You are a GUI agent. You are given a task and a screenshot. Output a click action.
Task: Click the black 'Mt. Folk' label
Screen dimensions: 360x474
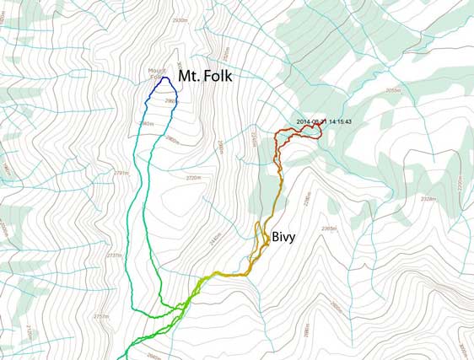pyautogui.click(x=203, y=75)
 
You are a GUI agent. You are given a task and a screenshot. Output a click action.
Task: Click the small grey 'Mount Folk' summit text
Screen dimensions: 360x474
pyautogui.click(x=157, y=73)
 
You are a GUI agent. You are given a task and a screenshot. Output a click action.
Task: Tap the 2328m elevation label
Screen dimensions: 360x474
pyautogui.click(x=428, y=199)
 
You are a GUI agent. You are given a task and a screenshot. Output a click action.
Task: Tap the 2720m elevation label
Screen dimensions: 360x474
pyautogui.click(x=194, y=178)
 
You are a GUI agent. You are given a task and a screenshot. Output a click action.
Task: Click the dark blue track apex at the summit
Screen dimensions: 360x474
pyautogui.click(x=165, y=78)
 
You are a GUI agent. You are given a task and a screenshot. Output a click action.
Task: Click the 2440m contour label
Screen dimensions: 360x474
pyautogui.click(x=213, y=239)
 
